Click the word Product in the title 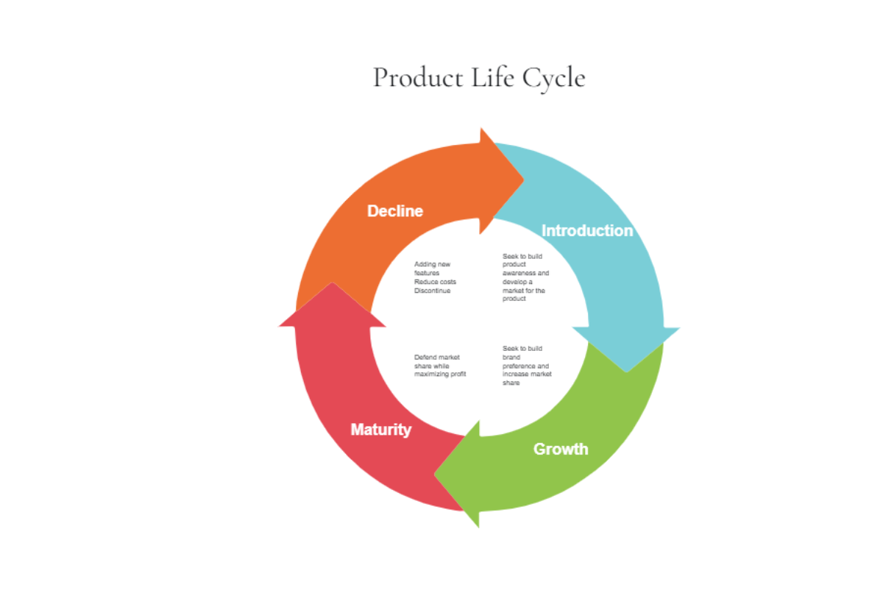tap(417, 78)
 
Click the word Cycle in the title tap(554, 78)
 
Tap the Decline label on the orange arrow tap(395, 211)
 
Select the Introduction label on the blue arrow tap(586, 231)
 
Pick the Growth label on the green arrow tap(560, 449)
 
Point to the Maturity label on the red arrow tap(380, 430)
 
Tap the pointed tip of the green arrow tap(436, 474)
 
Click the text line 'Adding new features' tap(432, 269)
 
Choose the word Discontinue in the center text tap(432, 291)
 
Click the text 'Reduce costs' tap(435, 282)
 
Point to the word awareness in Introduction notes tap(525, 273)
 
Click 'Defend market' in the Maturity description tap(436, 358)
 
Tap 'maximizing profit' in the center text tap(439, 375)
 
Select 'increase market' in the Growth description tap(527, 375)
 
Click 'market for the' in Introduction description tap(524, 291)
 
